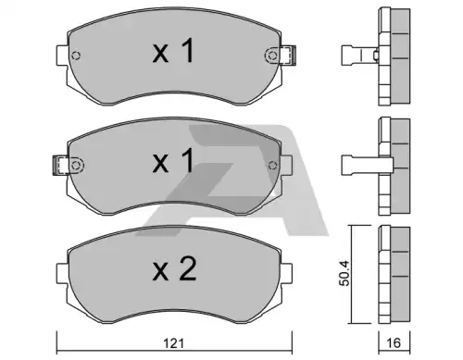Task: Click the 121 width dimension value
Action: click(173, 343)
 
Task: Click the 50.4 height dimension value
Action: click(344, 273)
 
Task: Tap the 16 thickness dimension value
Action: click(394, 343)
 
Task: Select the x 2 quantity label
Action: click(174, 269)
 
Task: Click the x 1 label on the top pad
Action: click(173, 51)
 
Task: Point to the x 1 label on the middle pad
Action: click(173, 160)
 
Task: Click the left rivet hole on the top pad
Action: click(76, 56)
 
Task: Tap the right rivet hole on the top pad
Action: click(271, 56)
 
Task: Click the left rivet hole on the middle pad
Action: click(76, 166)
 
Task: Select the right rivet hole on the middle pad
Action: click(272, 166)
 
